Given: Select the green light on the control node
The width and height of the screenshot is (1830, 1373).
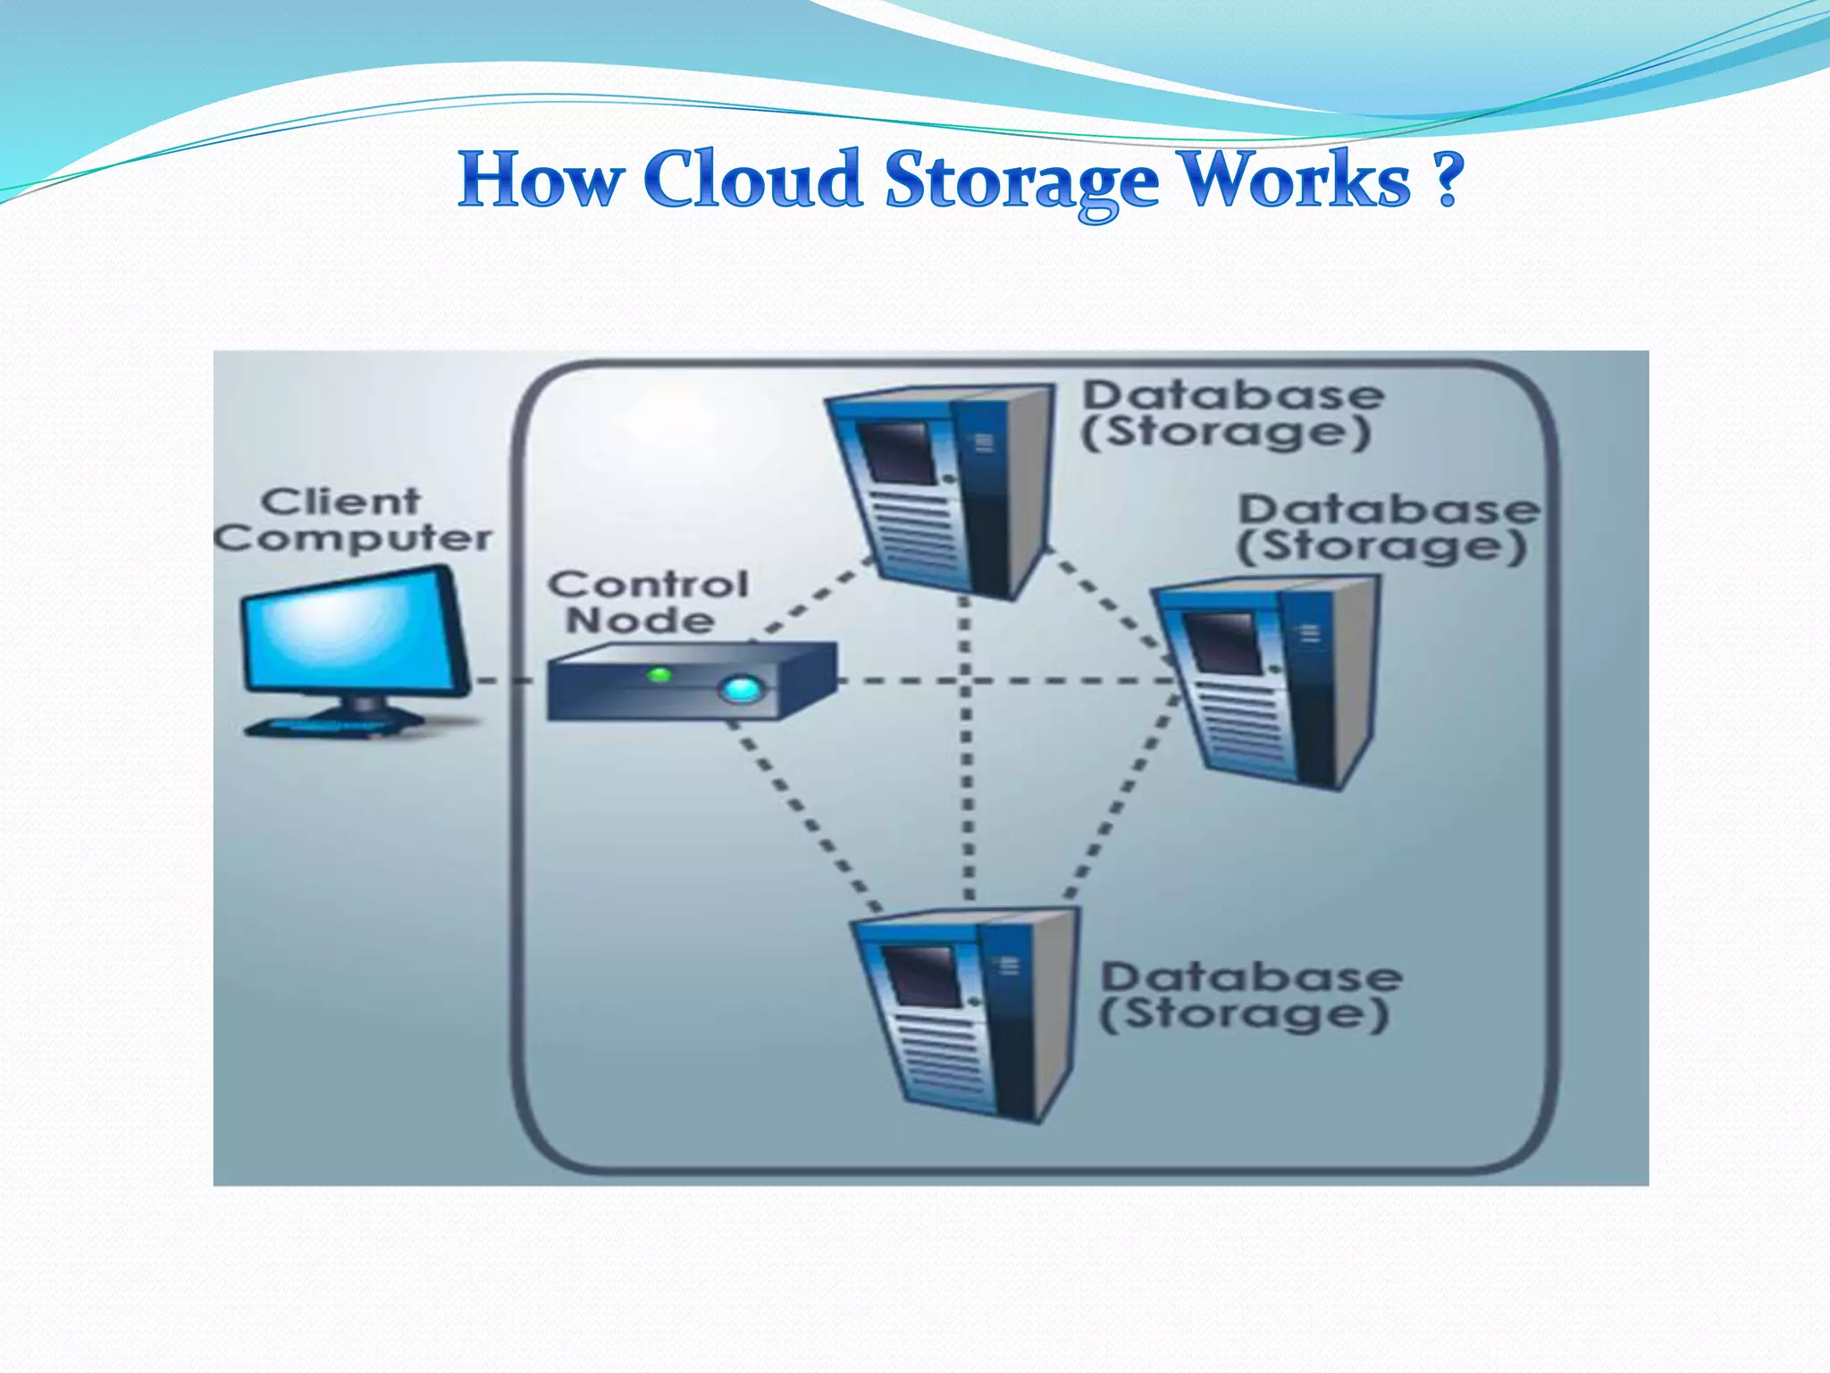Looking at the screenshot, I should coord(659,675).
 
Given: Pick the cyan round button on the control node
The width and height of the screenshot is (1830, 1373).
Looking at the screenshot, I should coord(741,689).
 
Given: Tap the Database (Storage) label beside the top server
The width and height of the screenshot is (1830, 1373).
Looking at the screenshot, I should coord(1231,414).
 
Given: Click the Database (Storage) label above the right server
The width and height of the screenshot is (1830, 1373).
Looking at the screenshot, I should coord(1387,528).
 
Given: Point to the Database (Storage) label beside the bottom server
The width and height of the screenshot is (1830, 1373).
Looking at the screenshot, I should coord(1248,996).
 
